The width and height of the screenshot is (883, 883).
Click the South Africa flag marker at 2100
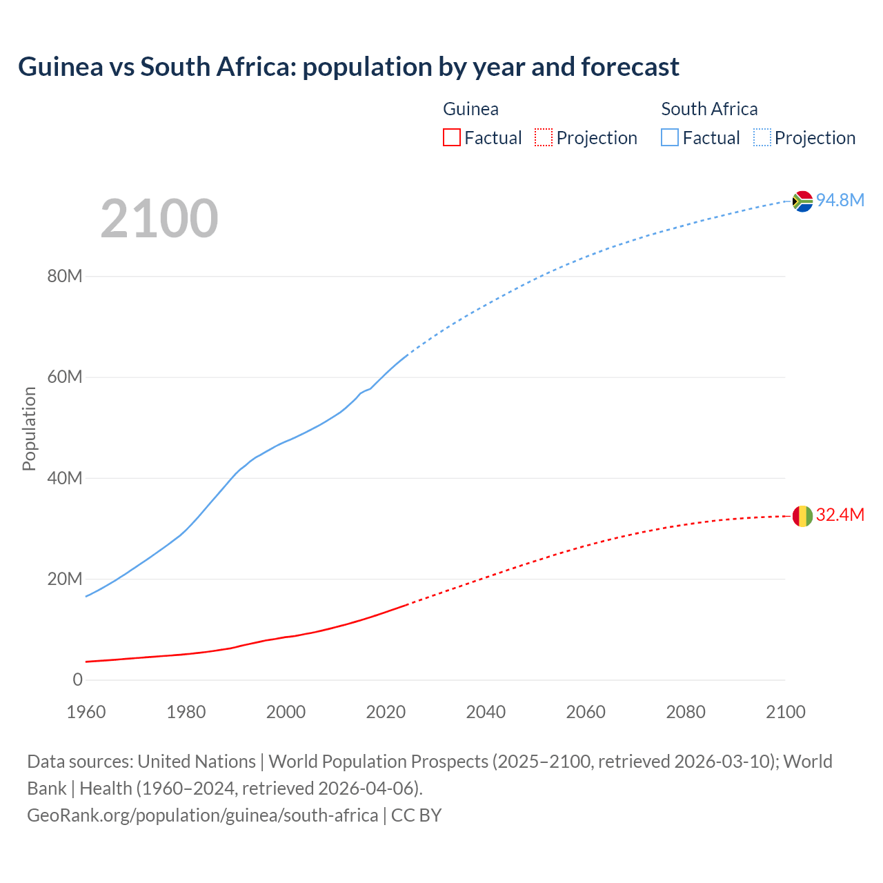(802, 201)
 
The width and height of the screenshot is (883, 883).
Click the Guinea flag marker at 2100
(802, 516)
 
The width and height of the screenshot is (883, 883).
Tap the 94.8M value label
(840, 200)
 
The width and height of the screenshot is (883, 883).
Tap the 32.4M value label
(840, 515)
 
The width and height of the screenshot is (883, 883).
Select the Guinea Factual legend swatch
(451, 138)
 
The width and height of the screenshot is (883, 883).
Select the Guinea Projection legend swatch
(544, 138)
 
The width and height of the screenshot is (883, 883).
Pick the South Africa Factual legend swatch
(670, 138)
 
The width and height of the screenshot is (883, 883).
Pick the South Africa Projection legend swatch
(762, 138)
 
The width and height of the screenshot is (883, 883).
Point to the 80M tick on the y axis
(65, 277)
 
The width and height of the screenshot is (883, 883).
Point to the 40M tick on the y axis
(65, 478)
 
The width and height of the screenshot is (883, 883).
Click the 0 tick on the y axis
(77, 679)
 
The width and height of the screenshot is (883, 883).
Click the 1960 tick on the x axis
(86, 712)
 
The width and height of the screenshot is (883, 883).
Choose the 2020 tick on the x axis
(386, 712)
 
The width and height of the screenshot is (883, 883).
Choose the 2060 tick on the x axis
(586, 712)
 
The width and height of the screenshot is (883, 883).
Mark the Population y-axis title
(29, 428)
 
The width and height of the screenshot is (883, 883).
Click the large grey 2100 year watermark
(159, 219)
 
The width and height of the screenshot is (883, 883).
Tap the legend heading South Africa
(709, 109)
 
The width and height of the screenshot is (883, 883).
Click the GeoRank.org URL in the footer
(202, 815)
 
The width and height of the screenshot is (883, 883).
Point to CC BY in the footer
(416, 815)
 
